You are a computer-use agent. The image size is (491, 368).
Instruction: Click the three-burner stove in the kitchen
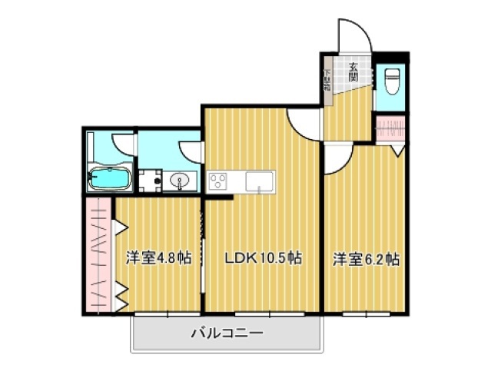(217, 182)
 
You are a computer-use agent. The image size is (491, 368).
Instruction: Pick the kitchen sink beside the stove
(259, 181)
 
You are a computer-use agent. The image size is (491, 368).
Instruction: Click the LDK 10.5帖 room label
(262, 259)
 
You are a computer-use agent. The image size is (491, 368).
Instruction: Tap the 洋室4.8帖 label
(158, 259)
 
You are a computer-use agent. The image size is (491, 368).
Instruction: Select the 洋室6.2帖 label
(365, 259)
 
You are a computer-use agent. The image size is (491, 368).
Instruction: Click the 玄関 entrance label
(353, 71)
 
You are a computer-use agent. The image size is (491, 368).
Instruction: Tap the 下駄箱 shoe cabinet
(327, 80)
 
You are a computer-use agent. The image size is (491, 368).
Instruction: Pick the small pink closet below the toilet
(390, 127)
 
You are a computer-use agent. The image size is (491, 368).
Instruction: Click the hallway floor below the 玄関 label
(350, 115)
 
